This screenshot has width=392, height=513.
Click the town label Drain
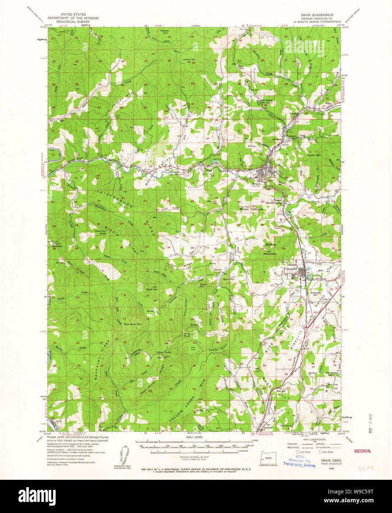(x=256, y=183)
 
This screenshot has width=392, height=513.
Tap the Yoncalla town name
(x=293, y=269)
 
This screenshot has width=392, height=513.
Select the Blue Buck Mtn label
(x=132, y=324)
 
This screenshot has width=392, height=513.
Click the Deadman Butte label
(x=100, y=232)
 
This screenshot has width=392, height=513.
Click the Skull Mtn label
(x=229, y=279)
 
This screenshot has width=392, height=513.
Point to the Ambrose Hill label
(x=315, y=294)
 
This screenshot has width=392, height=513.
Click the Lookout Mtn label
(x=189, y=60)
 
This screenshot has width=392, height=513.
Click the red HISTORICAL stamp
(x=363, y=451)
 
